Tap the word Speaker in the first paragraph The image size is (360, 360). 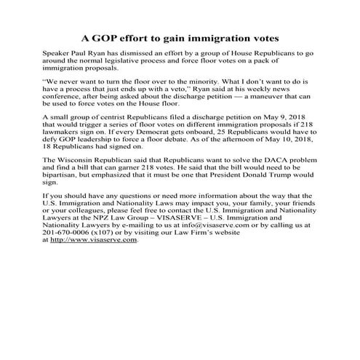pyautogui.click(x=60, y=55)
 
